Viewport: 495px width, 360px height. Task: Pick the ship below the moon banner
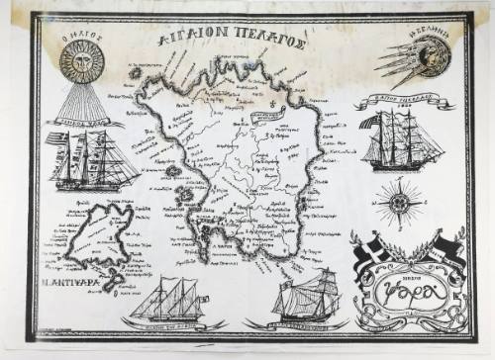tap(403, 141)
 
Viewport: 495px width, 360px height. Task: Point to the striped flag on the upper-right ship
tap(372, 122)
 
